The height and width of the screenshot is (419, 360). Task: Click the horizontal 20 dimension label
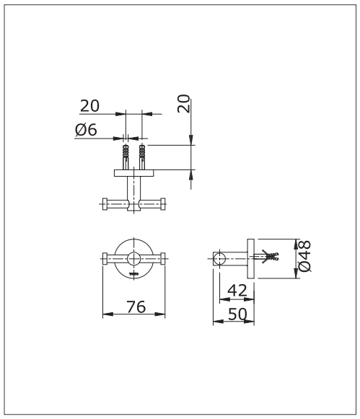pos(89,106)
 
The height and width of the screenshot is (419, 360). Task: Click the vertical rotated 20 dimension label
pos(184,103)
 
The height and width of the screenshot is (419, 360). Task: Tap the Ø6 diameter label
pos(86,130)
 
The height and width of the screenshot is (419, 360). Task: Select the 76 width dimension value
pos(136,306)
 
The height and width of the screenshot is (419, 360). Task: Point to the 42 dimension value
pos(237,291)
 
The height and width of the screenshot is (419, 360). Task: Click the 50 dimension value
pos(237,314)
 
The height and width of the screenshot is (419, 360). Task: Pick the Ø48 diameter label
pos(304,256)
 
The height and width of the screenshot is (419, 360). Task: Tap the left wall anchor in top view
pos(126,157)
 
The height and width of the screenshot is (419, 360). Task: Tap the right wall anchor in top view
pos(142,157)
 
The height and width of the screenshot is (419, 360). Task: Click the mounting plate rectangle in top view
pos(134,173)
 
